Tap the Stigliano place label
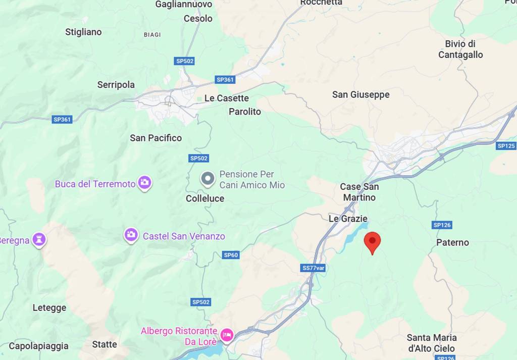(x=83, y=32)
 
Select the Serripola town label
(x=116, y=85)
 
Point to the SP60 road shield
(x=230, y=255)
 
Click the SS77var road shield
(x=313, y=268)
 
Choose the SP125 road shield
(x=506, y=146)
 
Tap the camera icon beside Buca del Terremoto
(x=145, y=183)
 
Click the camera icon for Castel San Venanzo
(x=131, y=235)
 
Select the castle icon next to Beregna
(x=39, y=239)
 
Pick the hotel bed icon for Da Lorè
(x=227, y=335)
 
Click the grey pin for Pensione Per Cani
(x=207, y=179)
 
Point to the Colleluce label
(x=204, y=198)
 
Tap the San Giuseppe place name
(x=360, y=94)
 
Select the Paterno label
(x=452, y=242)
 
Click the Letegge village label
(x=49, y=307)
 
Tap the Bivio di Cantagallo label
(x=460, y=49)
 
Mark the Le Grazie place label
(x=348, y=219)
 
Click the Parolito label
(x=245, y=112)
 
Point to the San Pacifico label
(x=156, y=138)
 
